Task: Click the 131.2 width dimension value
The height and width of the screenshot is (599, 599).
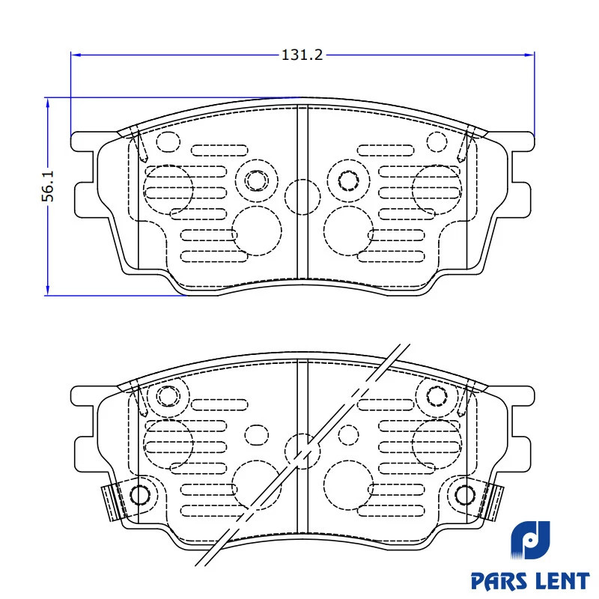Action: [302, 55]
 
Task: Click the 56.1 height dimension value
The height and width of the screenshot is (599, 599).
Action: [48, 186]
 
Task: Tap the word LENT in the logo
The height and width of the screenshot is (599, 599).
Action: [561, 582]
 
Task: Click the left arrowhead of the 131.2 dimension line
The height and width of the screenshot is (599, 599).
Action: [76, 55]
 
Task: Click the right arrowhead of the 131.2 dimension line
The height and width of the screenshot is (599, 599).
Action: [529, 55]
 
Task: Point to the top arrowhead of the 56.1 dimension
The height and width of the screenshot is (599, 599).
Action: [47, 103]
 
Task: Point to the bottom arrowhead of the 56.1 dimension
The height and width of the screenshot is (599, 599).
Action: [47, 291]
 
